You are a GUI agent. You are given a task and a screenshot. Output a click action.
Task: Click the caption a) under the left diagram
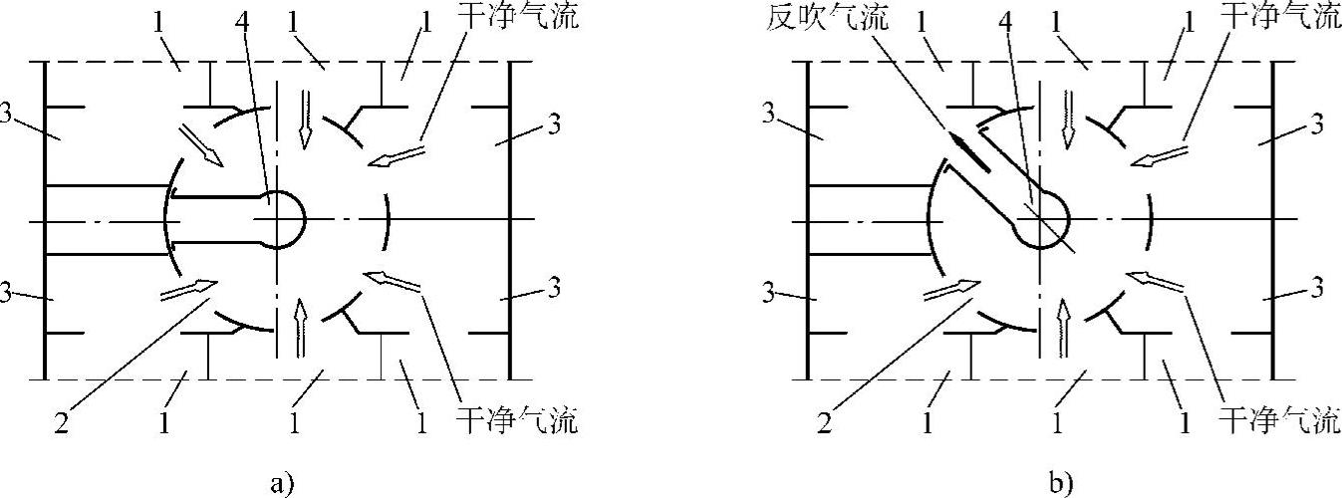coord(283,484)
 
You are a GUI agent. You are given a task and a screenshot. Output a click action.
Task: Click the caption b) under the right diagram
coord(1062,484)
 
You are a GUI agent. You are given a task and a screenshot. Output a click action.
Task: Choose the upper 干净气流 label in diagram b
coord(1280,18)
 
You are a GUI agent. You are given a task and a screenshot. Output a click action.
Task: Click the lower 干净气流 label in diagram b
coord(1280,422)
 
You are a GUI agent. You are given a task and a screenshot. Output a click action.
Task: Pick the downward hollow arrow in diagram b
coord(1067,118)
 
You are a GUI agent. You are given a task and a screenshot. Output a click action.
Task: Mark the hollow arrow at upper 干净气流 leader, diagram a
coord(396,155)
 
